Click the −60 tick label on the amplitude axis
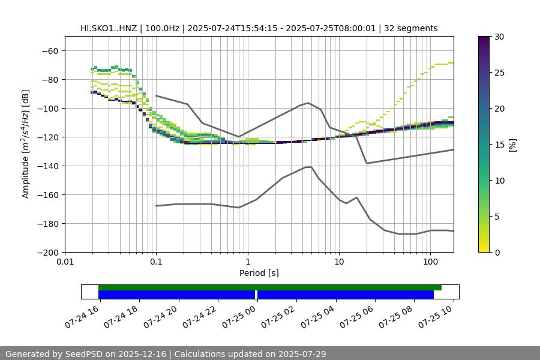pyautogui.click(x=49, y=50)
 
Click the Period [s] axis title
pyautogui.click(x=259, y=273)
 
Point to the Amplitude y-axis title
pyautogui.click(x=26, y=144)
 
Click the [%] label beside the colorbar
pyautogui.click(x=512, y=145)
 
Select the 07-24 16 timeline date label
pyautogui.click(x=83, y=314)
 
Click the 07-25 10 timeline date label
pyautogui.click(x=437, y=314)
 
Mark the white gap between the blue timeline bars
pyautogui.click(x=256, y=295)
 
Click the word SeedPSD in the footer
pyautogui.click(x=89, y=354)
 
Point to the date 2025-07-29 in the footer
pyautogui.click(x=300, y=354)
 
